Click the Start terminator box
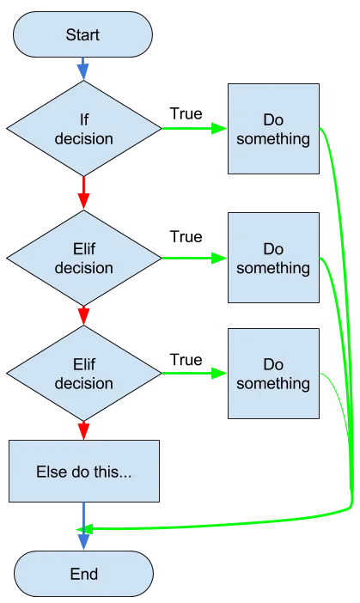click(82, 34)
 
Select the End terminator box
click(83, 574)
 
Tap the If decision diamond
click(84, 129)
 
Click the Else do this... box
click(84, 471)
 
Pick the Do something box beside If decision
click(273, 129)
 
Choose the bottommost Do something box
click(273, 374)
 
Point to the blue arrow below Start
click(83, 69)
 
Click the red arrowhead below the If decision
click(83, 201)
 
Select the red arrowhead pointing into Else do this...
click(83, 431)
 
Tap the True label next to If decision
click(186, 114)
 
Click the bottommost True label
click(186, 360)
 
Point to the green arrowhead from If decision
click(219, 129)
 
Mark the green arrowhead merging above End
click(84, 529)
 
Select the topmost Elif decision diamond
click(84, 258)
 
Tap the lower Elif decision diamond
click(84, 374)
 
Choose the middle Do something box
click(273, 258)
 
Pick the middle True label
click(186, 237)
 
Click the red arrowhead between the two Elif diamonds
click(83, 316)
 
